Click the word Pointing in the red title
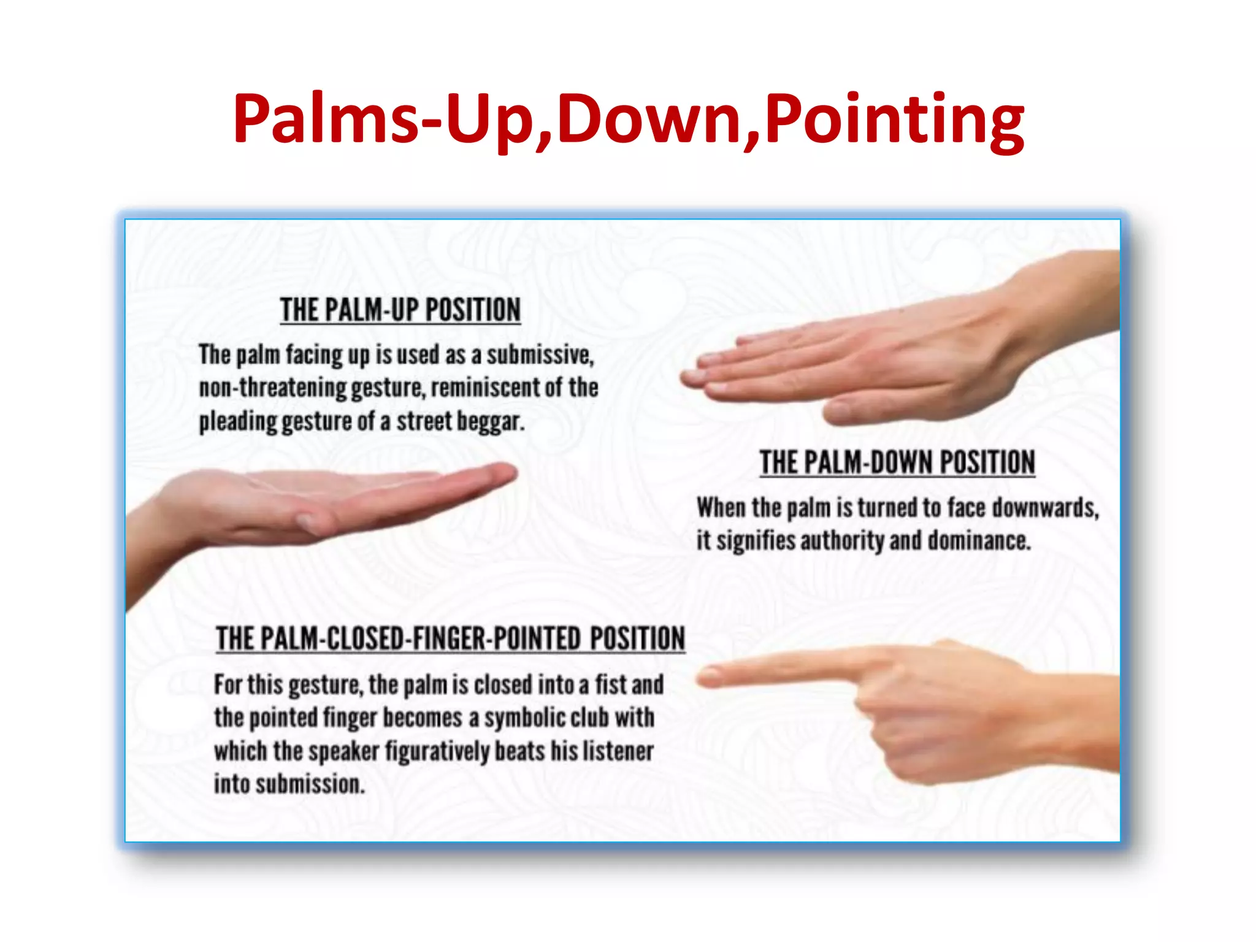894,120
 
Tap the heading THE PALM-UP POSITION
400,310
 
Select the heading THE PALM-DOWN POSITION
897,462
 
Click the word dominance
979,541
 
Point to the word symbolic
525,718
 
